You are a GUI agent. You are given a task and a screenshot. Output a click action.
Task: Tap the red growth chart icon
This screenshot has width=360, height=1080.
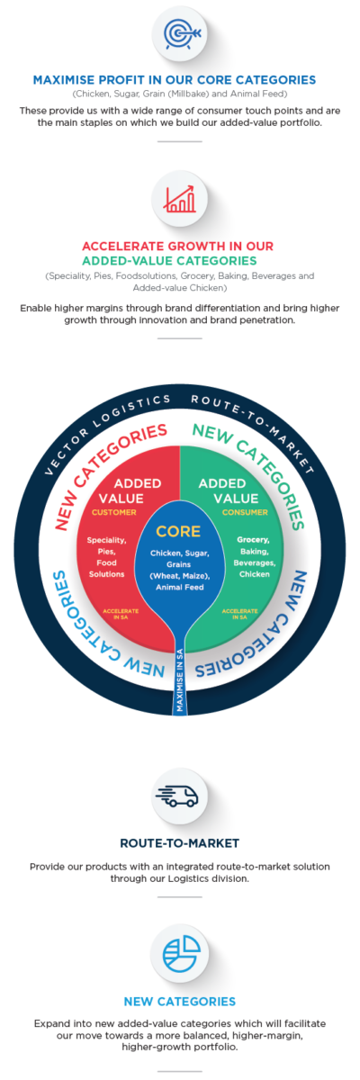(179, 199)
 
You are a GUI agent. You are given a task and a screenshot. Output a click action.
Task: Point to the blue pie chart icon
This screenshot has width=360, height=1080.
(181, 954)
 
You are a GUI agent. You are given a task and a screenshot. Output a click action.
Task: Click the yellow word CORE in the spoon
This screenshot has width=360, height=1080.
(178, 531)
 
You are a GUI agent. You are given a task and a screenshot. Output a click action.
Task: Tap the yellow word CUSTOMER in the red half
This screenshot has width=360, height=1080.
(113, 512)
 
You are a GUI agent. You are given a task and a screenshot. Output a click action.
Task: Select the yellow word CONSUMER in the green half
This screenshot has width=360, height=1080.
(245, 512)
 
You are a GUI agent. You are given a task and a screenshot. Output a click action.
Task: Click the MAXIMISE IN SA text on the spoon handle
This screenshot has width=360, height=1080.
(180, 679)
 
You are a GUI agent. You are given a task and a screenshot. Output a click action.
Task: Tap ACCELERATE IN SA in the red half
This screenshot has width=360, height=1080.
(121, 614)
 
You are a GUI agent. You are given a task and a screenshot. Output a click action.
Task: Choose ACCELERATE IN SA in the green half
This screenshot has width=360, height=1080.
(239, 614)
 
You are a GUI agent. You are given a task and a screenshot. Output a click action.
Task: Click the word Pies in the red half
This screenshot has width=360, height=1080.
(105, 551)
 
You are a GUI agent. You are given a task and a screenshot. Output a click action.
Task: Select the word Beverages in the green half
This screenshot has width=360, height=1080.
(255, 562)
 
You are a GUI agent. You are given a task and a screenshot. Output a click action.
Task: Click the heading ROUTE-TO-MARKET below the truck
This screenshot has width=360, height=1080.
(180, 842)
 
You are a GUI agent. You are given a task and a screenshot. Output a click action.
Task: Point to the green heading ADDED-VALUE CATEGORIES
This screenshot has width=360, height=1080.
(169, 261)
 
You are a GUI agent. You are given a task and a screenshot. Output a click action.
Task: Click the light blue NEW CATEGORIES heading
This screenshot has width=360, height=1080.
(180, 1002)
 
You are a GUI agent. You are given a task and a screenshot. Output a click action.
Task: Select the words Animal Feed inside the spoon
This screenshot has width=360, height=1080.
(179, 587)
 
